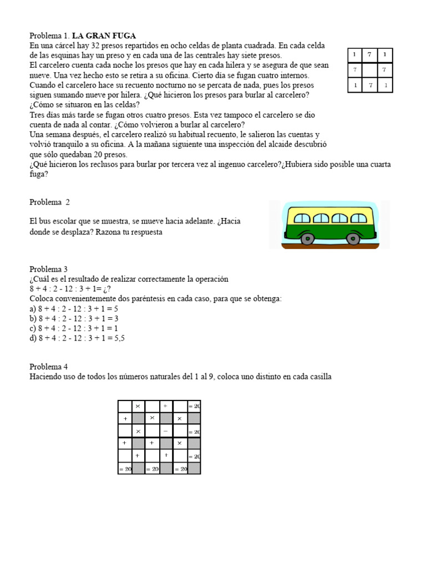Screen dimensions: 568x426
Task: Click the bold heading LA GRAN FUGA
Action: tap(104, 35)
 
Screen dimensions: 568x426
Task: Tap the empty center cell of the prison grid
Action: tap(369, 70)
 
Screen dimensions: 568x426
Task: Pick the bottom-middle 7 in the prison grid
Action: tap(369, 85)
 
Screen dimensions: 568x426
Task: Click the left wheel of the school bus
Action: tap(308, 239)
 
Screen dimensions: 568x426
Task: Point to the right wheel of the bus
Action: tap(353, 239)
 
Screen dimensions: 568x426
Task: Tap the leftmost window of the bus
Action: tap(302, 218)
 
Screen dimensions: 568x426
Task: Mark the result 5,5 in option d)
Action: tap(119, 338)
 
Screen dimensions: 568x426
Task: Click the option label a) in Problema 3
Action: tap(33, 308)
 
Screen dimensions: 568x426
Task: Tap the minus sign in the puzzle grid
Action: tap(166, 431)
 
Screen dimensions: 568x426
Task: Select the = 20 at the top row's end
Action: tap(194, 407)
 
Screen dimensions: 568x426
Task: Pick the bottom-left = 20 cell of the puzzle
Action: tap(125, 469)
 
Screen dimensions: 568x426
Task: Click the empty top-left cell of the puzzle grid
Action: tap(125, 407)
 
